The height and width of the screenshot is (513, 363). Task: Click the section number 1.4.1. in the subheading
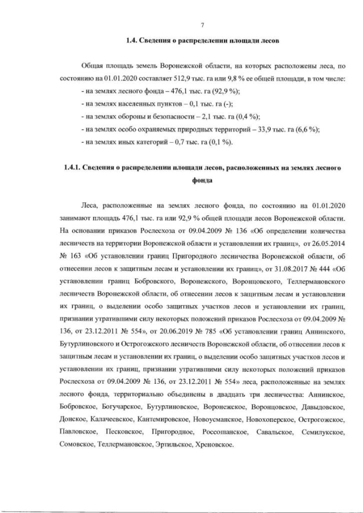(x=77, y=168)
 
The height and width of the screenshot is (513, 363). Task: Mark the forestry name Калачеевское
(x=110, y=418)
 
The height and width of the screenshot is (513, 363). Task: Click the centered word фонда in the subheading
(x=202, y=181)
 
